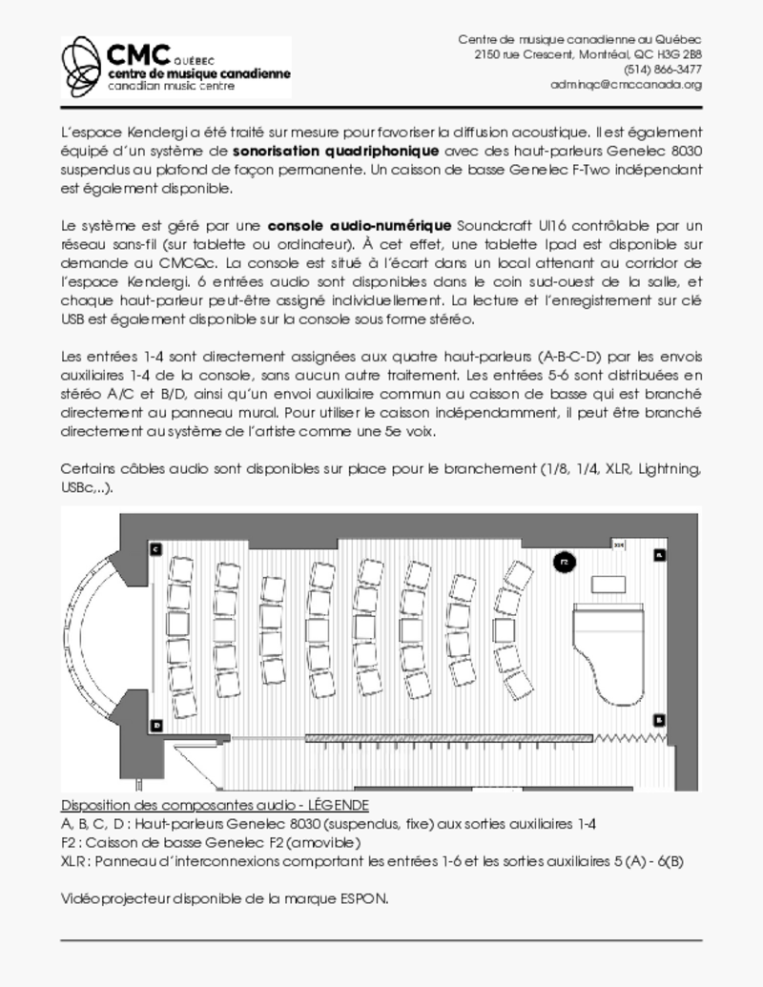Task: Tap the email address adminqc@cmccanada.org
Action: coord(626,85)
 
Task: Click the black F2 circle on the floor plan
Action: coord(564,563)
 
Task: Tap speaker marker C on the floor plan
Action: coord(155,548)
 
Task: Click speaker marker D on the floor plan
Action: coord(156,725)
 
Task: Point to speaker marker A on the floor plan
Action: coord(658,554)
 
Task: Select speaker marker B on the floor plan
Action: coord(658,719)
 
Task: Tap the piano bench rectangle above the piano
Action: coord(607,584)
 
